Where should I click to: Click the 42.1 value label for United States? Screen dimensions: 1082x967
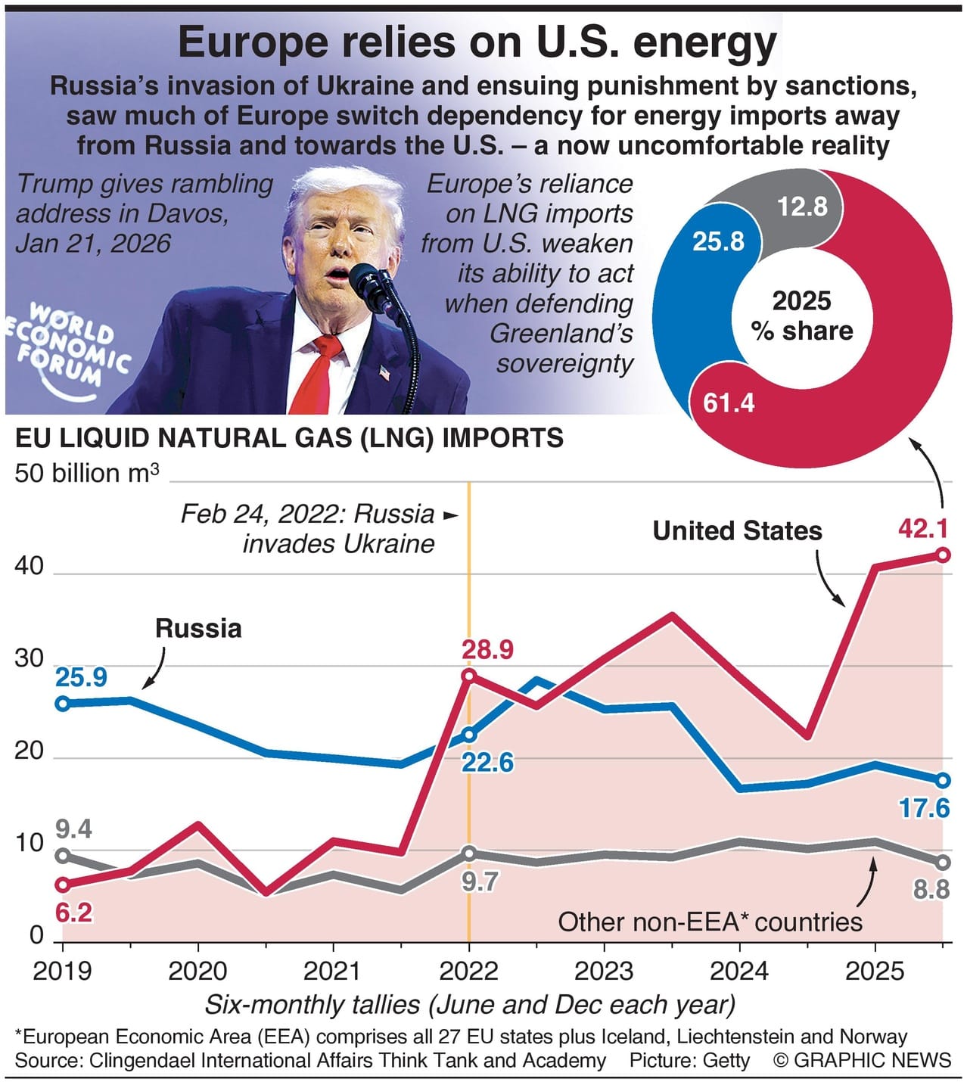click(x=922, y=528)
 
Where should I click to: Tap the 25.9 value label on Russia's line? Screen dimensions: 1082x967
click(x=81, y=677)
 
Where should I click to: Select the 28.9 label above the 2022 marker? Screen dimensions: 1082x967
click(x=488, y=649)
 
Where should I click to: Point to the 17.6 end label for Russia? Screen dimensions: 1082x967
click(x=923, y=808)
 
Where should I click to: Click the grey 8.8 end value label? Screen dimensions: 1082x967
click(x=931, y=889)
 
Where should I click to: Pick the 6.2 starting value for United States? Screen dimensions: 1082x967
click(x=73, y=913)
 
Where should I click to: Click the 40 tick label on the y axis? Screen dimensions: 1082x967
click(x=30, y=566)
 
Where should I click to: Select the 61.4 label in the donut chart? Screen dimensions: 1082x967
click(x=729, y=403)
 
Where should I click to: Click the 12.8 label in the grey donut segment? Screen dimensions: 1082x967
click(x=803, y=206)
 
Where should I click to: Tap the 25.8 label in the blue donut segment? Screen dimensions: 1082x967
click(x=718, y=241)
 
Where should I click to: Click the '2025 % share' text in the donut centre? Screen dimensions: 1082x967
click(x=802, y=316)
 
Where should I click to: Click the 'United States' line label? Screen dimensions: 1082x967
click(x=737, y=530)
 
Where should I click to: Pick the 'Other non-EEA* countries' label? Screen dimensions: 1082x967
click(x=710, y=922)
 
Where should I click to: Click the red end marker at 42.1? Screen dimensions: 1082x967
click(x=943, y=555)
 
